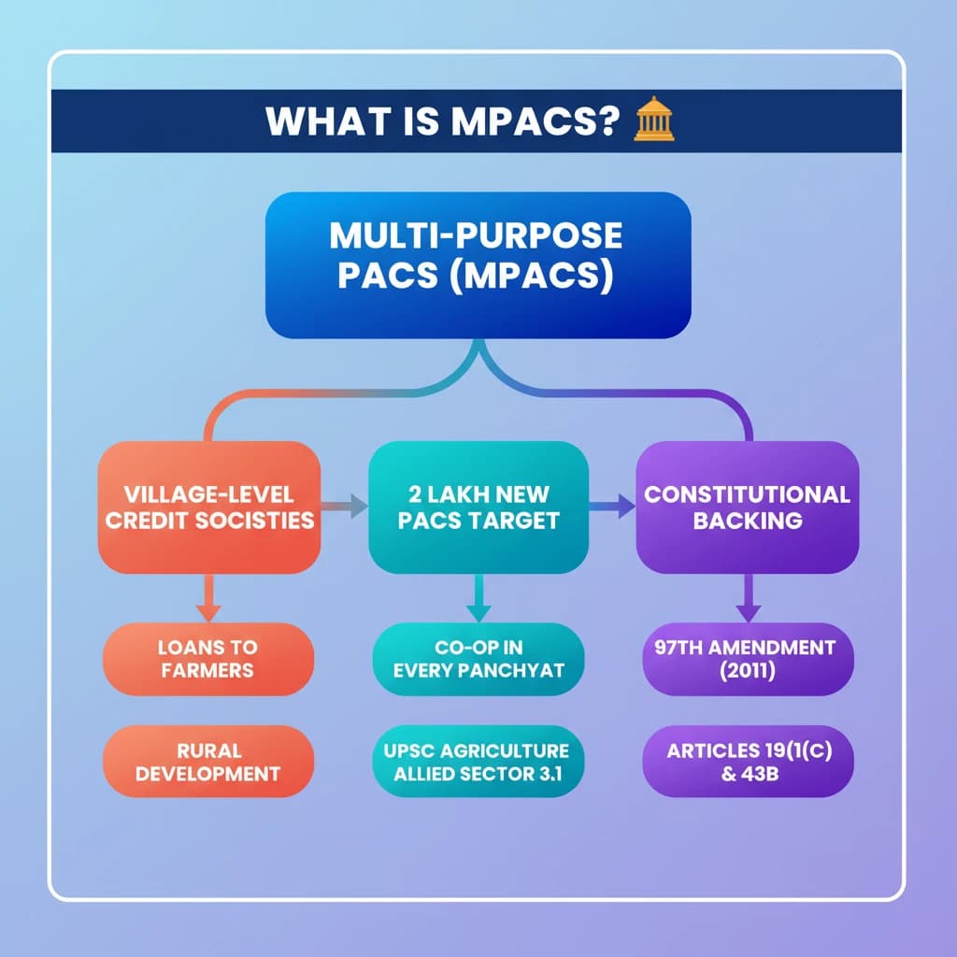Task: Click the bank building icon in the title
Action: pos(653,121)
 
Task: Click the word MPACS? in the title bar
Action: pos(533,121)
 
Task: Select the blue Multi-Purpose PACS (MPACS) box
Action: pos(478,264)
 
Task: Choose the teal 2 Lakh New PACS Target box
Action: pos(478,507)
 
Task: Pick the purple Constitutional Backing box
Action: pos(747,507)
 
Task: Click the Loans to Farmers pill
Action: pos(207,658)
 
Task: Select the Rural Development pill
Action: pos(207,762)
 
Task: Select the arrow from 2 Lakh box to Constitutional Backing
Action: pos(612,507)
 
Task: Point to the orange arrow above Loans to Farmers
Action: pos(208,598)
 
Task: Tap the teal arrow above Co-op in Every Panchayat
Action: pos(478,598)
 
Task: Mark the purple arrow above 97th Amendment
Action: pos(748,598)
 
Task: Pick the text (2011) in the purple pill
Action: pos(748,671)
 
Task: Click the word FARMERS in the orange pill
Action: pos(207,670)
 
